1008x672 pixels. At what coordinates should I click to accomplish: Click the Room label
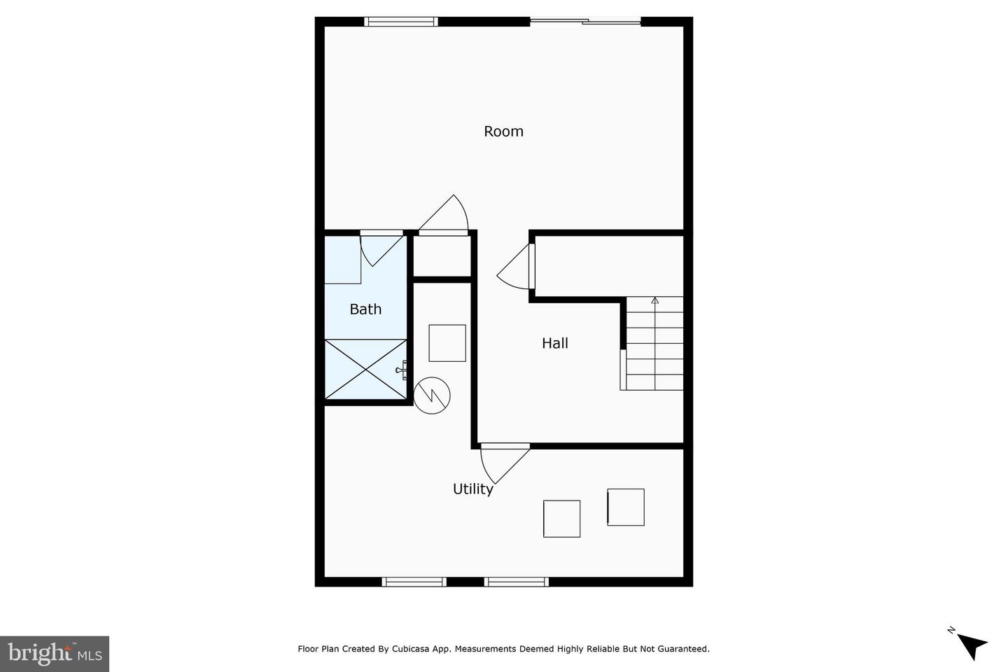(503, 132)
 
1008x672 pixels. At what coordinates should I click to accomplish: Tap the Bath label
(365, 309)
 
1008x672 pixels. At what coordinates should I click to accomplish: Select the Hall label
(554, 343)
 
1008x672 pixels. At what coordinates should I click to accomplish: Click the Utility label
(472, 489)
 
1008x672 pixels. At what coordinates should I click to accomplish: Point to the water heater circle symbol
(432, 395)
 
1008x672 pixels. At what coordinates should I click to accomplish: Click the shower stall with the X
(366, 370)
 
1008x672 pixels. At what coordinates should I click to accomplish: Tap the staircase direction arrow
(655, 302)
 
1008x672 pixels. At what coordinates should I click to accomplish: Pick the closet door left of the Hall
(519, 267)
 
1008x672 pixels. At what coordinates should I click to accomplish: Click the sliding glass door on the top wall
(585, 22)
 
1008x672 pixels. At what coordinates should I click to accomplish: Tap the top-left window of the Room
(402, 22)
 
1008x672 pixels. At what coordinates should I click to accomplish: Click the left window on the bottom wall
(414, 582)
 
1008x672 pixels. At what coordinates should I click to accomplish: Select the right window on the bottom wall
(517, 582)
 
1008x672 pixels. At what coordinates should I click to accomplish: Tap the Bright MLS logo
(55, 654)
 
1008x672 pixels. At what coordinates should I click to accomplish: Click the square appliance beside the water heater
(447, 343)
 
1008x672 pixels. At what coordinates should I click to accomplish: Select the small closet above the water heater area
(442, 257)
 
